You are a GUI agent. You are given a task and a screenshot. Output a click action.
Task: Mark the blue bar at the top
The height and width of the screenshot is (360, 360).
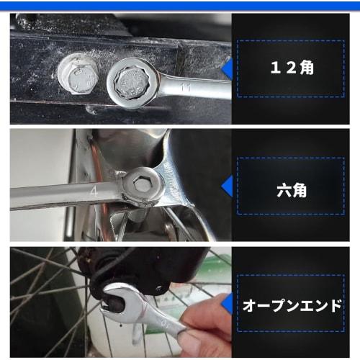(x=180, y=5)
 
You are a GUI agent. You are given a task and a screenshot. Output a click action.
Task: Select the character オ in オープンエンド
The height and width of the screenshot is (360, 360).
(x=249, y=305)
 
